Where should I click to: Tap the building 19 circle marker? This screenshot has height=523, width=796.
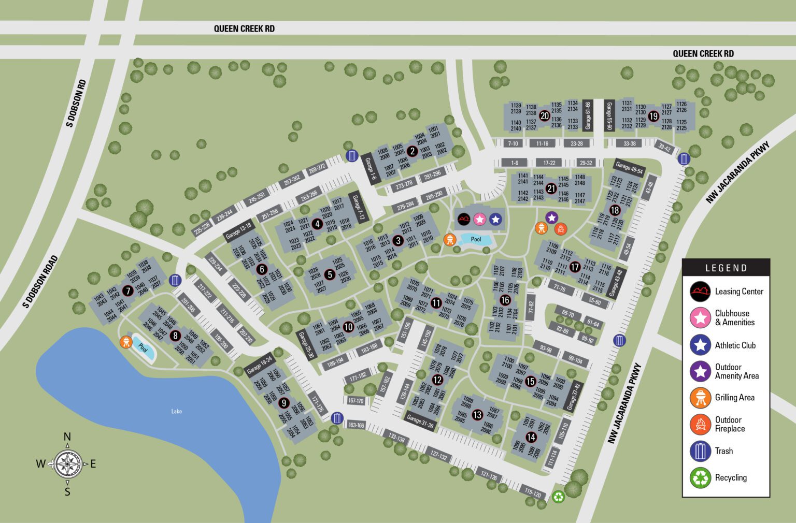[x=653, y=117]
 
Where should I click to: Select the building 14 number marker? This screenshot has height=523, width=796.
[x=531, y=437]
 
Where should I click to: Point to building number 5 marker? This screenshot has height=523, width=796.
[x=330, y=274]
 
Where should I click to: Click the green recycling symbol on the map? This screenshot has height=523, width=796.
[x=559, y=497]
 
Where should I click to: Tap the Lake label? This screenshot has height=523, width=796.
[x=177, y=411]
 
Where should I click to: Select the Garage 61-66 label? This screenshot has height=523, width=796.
[x=588, y=115]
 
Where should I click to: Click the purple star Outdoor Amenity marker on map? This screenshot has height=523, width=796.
[x=551, y=218]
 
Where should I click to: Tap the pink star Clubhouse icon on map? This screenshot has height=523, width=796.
[x=479, y=220]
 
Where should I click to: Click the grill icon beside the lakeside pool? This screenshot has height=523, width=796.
[x=126, y=342]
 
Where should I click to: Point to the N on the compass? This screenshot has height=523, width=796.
[x=67, y=437]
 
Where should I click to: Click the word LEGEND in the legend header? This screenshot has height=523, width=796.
[x=726, y=268]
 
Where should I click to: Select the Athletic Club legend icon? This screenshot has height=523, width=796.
[x=700, y=345]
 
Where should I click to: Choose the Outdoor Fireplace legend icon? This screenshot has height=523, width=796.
[x=700, y=424]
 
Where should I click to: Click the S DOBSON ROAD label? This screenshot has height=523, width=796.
[x=40, y=282]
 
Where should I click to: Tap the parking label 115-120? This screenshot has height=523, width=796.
[x=533, y=492]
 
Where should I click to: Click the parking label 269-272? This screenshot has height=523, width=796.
[x=316, y=168]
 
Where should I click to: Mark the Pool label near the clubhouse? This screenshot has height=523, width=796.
[x=476, y=239]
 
